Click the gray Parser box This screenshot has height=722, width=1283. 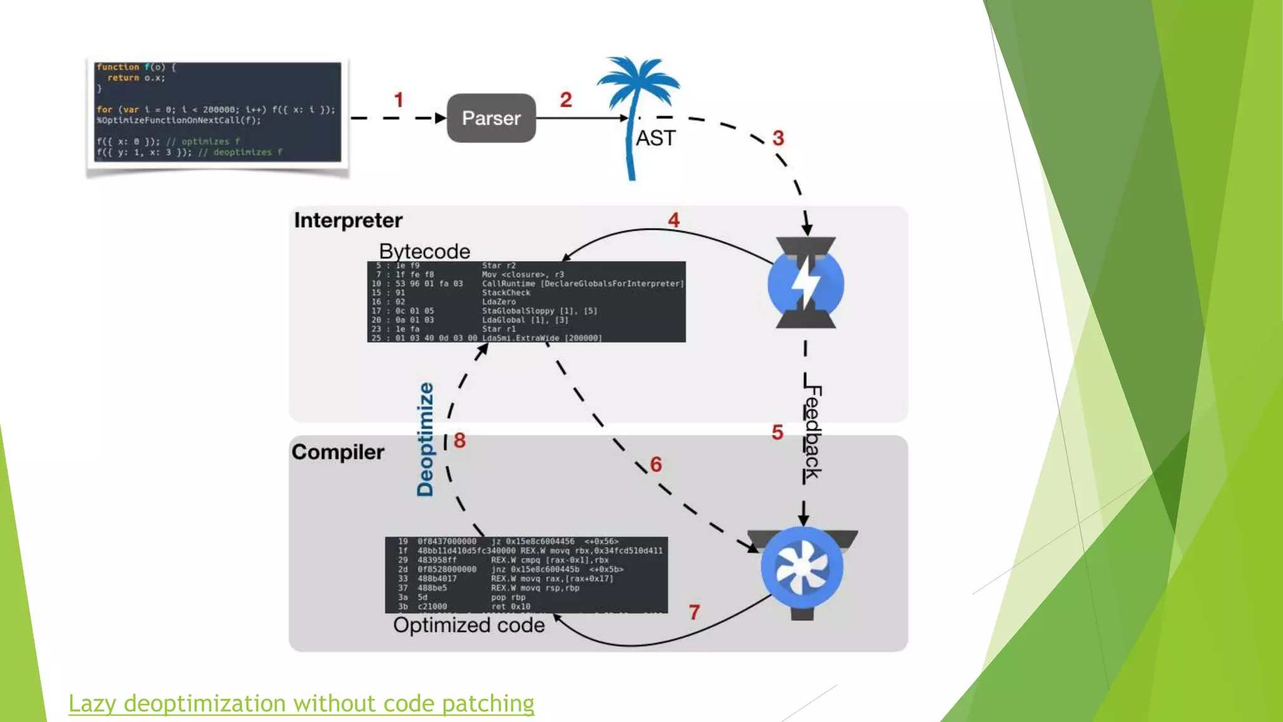[491, 118]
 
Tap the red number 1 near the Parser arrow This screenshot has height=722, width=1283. [398, 100]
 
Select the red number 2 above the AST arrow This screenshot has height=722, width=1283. [566, 100]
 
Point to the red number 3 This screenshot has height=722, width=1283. [778, 138]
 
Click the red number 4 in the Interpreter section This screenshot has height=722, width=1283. [673, 220]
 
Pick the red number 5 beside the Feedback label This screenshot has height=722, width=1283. [777, 432]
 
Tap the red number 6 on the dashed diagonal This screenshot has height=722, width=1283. [656, 464]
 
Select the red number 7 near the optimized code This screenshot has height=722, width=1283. [694, 612]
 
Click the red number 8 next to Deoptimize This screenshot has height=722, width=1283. [460, 440]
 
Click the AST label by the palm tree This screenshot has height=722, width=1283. [656, 138]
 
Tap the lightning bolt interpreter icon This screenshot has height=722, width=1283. [806, 283]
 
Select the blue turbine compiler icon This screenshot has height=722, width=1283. [803, 568]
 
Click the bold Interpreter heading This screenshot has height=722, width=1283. [348, 221]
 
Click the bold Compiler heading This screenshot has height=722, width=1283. [338, 452]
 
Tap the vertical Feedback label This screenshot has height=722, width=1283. [812, 432]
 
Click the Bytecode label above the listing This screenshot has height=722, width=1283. [425, 251]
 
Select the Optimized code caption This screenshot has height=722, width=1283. [469, 625]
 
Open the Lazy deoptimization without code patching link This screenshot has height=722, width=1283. [301, 703]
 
